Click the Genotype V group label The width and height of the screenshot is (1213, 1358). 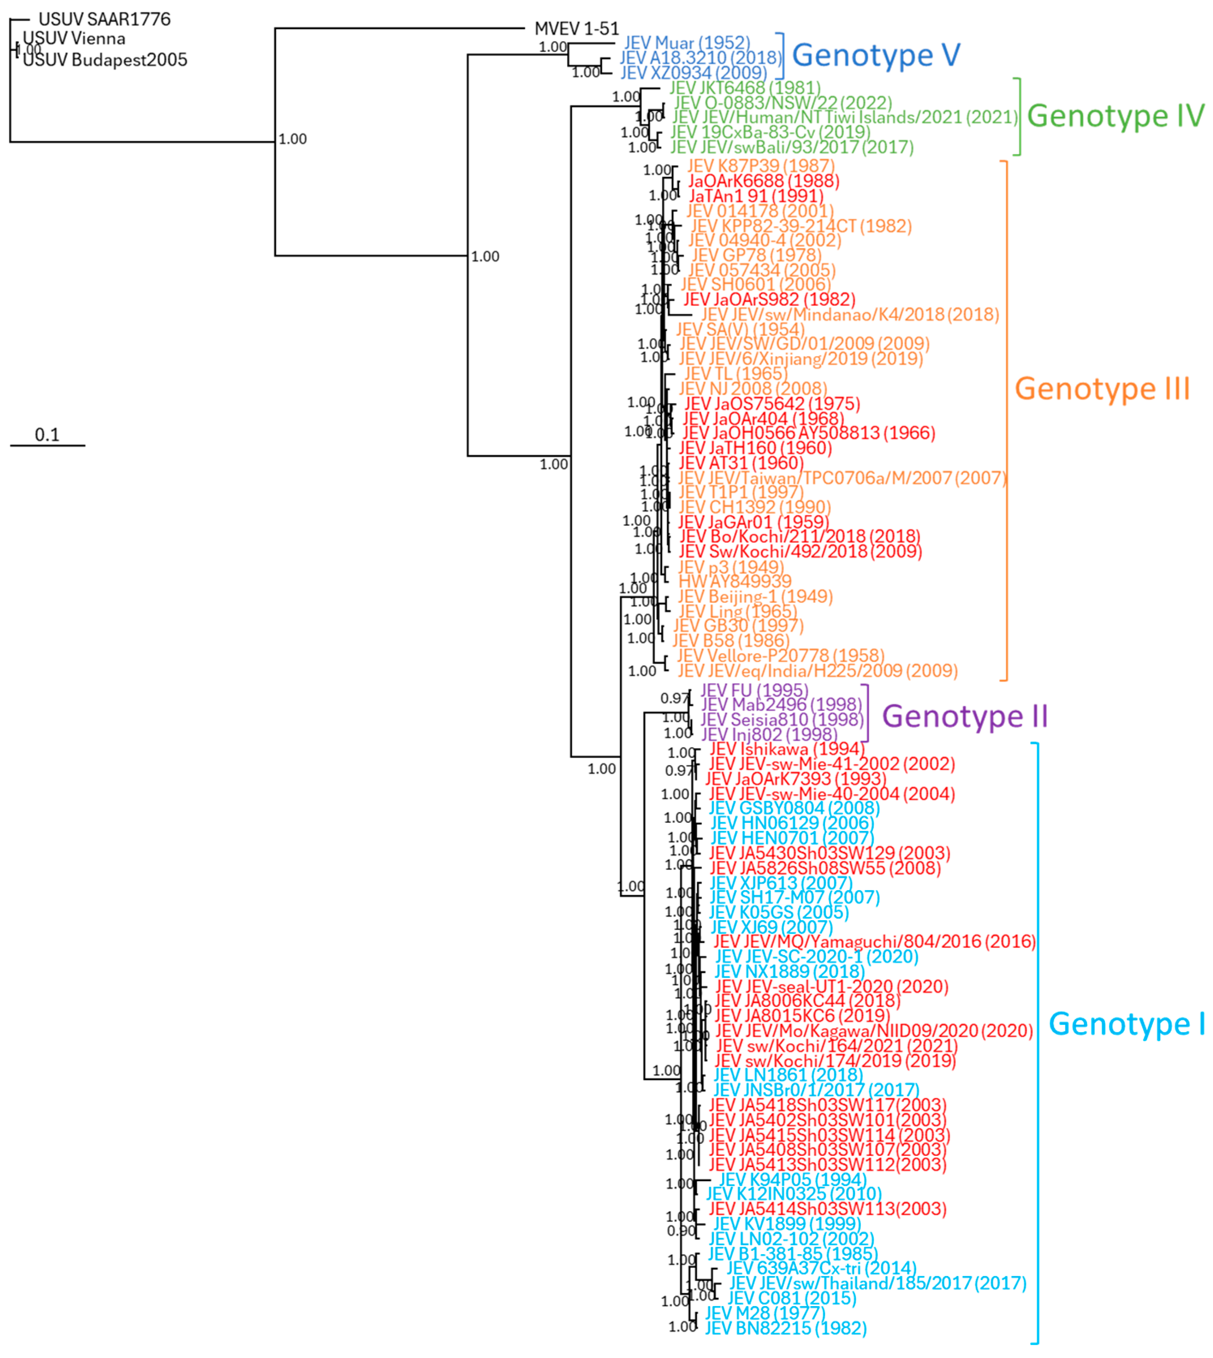tap(875, 55)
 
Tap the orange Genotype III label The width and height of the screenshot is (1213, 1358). tap(1102, 389)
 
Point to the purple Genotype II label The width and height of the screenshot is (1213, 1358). tap(964, 717)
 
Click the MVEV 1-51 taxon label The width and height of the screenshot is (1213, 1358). tap(577, 29)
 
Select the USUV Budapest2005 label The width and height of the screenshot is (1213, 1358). tap(105, 60)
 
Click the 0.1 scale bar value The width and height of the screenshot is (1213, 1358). tap(47, 435)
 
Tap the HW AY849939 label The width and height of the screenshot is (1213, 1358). tap(734, 581)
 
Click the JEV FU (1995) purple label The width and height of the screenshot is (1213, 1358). tap(754, 691)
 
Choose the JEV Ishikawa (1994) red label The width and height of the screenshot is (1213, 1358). tap(786, 749)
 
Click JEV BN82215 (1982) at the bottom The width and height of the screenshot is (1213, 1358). tap(786, 1328)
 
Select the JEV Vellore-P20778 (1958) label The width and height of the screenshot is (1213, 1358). tap(780, 656)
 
